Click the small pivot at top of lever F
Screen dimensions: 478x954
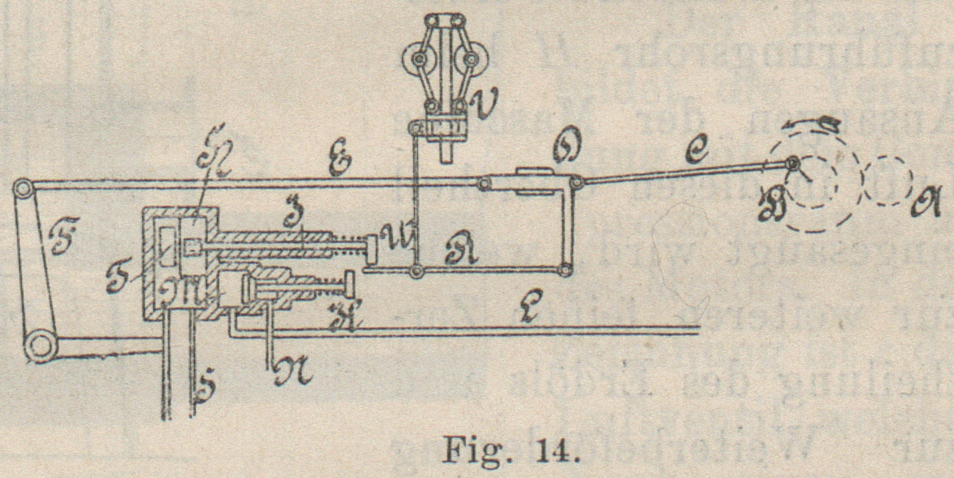click(x=23, y=189)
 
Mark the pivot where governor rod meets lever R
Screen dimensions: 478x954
click(x=417, y=271)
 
